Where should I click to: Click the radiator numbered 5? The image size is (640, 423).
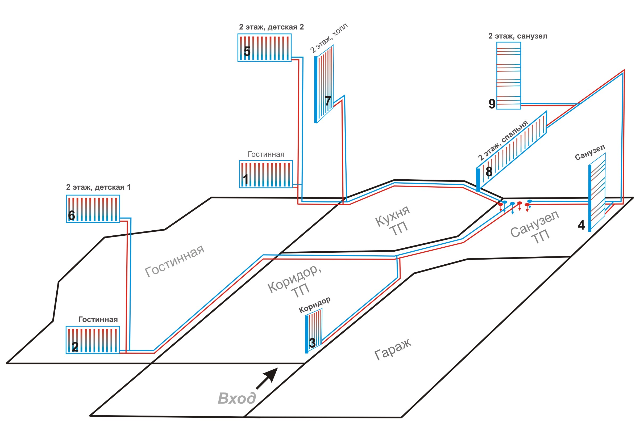(x=264, y=48)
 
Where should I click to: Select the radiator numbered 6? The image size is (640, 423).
(x=93, y=209)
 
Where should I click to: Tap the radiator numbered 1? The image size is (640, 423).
(x=266, y=174)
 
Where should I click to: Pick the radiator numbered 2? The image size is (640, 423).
(x=93, y=340)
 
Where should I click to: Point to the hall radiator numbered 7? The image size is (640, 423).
(x=325, y=84)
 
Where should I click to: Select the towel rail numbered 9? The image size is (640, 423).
(x=509, y=75)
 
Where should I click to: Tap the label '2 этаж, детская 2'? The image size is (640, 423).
(x=271, y=27)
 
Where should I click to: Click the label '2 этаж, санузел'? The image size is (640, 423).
(x=518, y=36)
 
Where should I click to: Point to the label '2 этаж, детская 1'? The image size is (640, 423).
(x=98, y=187)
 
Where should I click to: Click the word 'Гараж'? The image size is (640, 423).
(x=393, y=349)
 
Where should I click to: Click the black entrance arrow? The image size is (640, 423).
(x=267, y=378)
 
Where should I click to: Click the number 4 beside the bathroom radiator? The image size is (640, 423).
(x=581, y=225)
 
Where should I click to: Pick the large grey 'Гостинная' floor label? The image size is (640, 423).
(x=175, y=261)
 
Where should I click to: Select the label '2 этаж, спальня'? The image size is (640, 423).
(x=503, y=140)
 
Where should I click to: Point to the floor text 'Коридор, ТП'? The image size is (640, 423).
(x=294, y=282)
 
